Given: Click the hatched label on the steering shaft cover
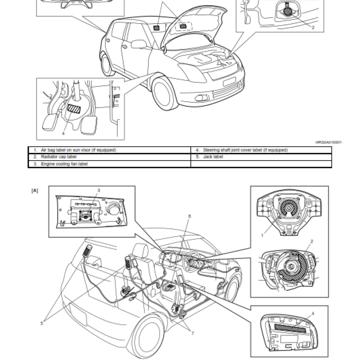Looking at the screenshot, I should click(72, 108).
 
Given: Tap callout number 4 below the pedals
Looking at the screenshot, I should click(63, 133).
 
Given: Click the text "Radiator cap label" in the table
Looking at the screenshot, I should click(59, 157).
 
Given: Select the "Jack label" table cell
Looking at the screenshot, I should click(213, 157).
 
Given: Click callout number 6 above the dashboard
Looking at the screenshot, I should click(189, 216).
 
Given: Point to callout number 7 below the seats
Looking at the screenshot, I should click(192, 333).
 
